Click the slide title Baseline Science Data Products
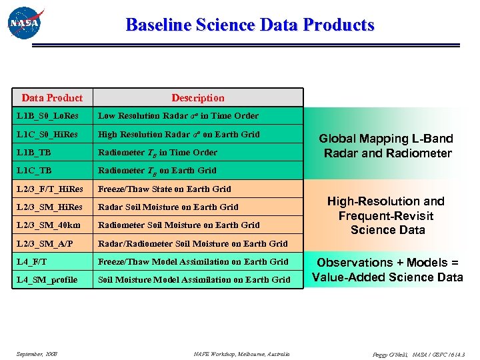click(250, 25)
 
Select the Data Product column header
click(52, 98)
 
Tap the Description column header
click(198, 98)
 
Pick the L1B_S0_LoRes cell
click(44, 116)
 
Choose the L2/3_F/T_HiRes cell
click(50, 189)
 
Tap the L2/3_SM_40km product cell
click(49, 225)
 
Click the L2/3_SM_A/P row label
click(46, 243)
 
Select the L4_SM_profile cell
click(47, 280)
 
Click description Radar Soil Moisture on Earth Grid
click(168, 207)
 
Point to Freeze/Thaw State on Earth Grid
click(165, 189)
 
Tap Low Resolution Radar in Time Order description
click(178, 116)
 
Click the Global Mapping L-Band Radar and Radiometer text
click(386, 146)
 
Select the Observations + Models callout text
click(387, 270)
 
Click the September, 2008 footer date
click(37, 353)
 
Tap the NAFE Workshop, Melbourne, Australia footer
click(242, 353)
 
